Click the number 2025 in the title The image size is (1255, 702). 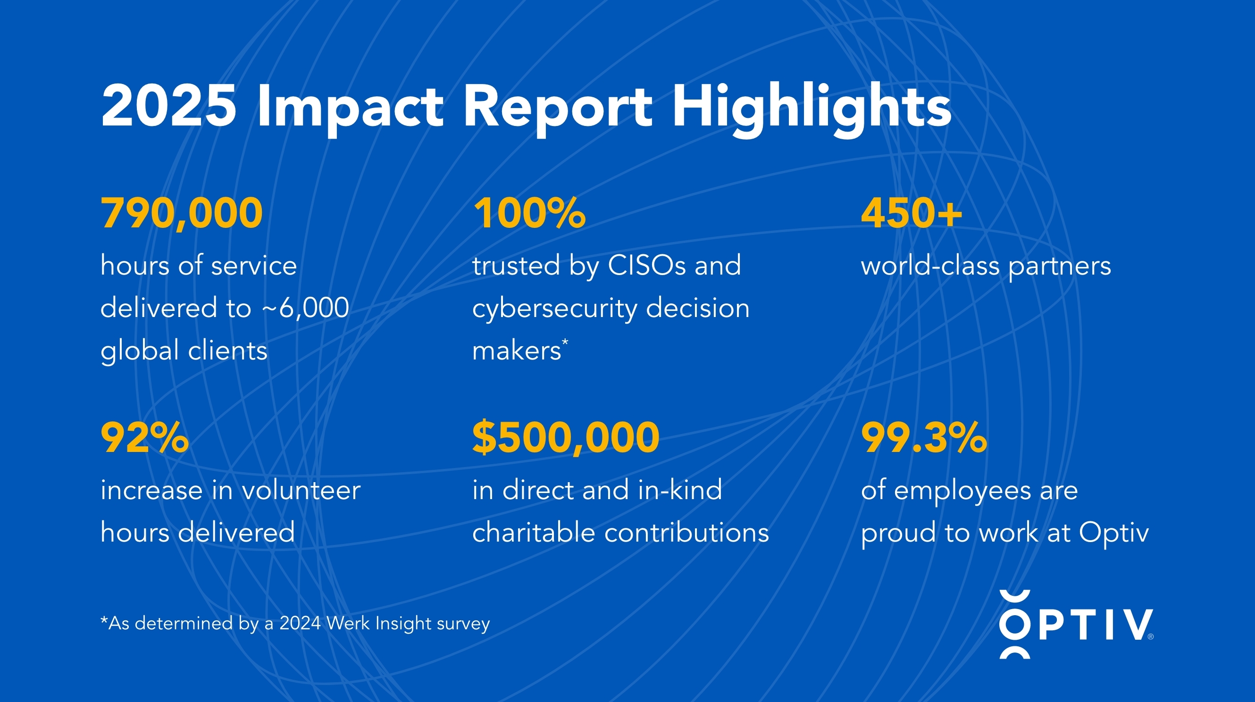(168, 106)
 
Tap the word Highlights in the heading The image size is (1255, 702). (811, 108)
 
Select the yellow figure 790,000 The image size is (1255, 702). (182, 213)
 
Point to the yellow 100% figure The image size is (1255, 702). (529, 213)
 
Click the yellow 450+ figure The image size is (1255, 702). (912, 213)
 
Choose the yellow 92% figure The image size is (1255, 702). (145, 437)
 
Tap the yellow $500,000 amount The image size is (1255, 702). (566, 437)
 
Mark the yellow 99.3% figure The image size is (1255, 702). (924, 437)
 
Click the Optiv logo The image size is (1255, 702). (1076, 624)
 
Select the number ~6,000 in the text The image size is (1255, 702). (305, 308)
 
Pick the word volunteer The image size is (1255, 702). (301, 490)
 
